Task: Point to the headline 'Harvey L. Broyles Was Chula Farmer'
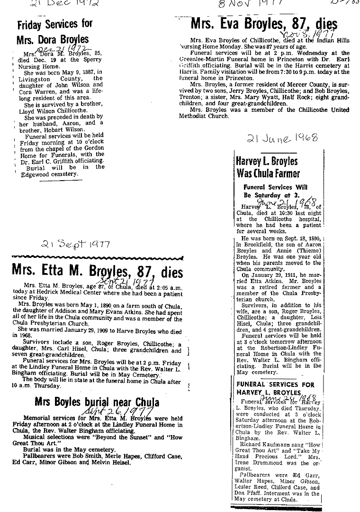(x=268, y=166)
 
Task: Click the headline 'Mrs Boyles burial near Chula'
(x=97, y=403)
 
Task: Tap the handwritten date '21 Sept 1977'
(x=76, y=244)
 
